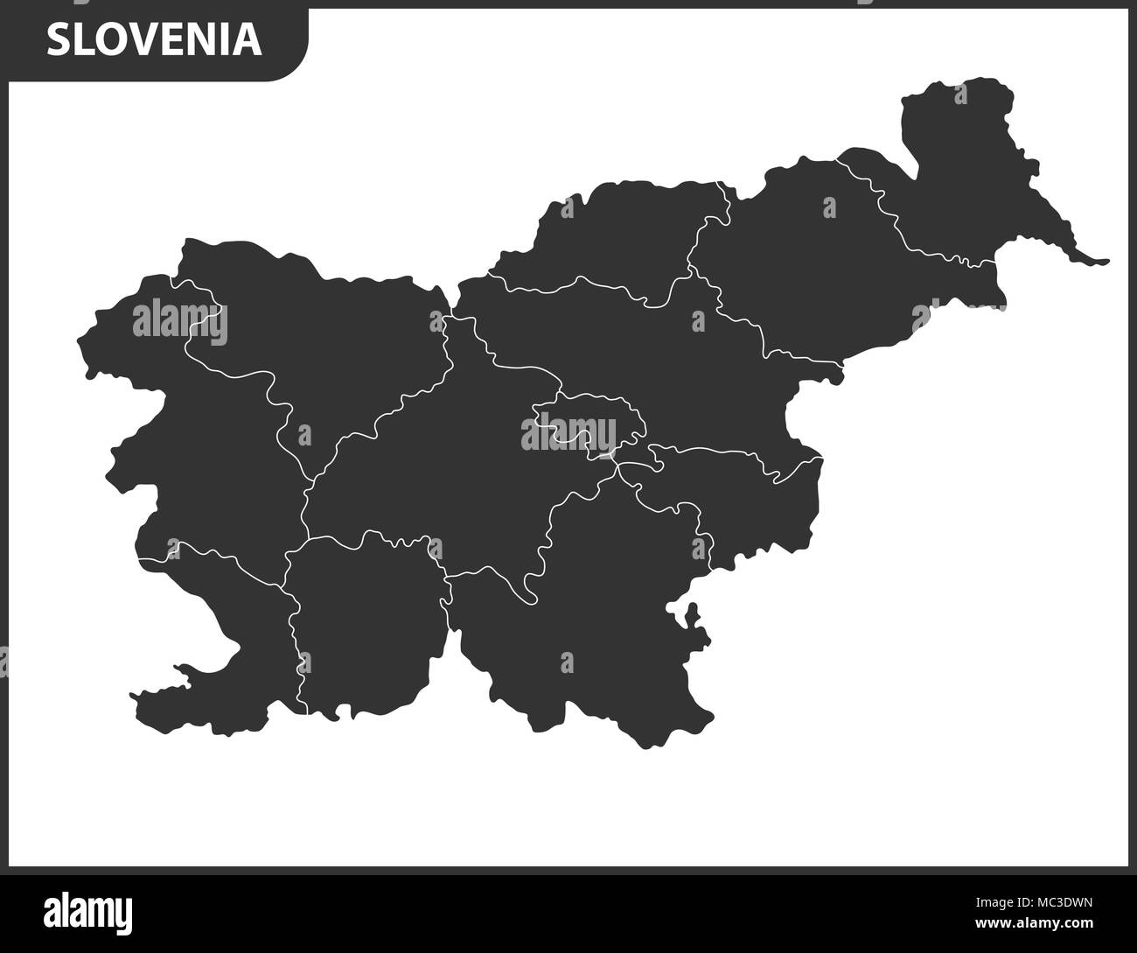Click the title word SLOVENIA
(x=154, y=39)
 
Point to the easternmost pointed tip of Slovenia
(x=1106, y=261)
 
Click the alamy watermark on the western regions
(x=179, y=321)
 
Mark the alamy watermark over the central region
(x=568, y=431)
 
